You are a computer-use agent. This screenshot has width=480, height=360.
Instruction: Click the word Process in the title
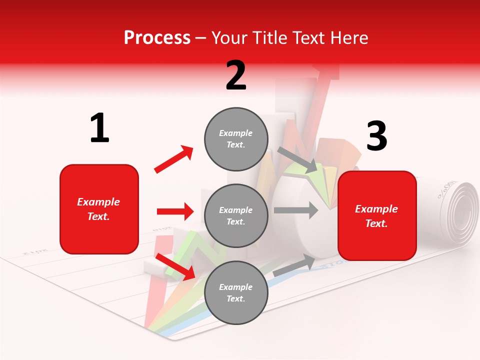[157, 37]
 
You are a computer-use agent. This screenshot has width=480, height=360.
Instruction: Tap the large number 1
[99, 128]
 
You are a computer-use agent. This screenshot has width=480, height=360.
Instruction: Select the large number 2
[236, 75]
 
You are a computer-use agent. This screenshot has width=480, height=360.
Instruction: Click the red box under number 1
[99, 209]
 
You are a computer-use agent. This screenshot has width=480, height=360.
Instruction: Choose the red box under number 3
[377, 216]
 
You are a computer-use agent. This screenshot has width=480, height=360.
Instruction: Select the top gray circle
[236, 139]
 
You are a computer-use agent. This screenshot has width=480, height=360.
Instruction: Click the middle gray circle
[236, 215]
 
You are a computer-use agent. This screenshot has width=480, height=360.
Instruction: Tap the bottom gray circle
[236, 292]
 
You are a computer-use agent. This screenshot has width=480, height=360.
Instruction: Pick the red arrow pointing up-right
[174, 159]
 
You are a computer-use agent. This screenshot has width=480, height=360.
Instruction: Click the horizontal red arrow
[175, 211]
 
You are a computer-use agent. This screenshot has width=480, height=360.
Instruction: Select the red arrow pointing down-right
[175, 266]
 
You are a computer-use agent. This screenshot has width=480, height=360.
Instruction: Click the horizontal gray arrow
[295, 210]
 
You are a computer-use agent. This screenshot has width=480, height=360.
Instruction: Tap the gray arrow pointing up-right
[295, 265]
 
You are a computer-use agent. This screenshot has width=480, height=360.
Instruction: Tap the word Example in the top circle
[236, 133]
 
